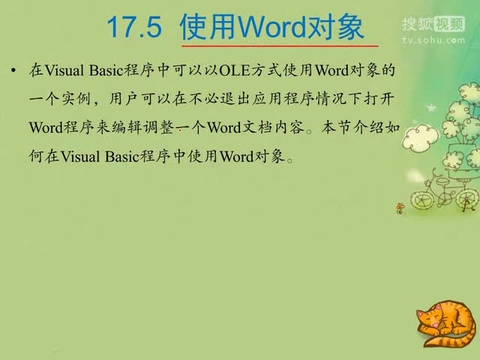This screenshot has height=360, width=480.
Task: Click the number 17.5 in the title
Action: click(x=135, y=28)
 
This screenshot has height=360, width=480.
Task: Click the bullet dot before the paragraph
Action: click(x=14, y=72)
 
